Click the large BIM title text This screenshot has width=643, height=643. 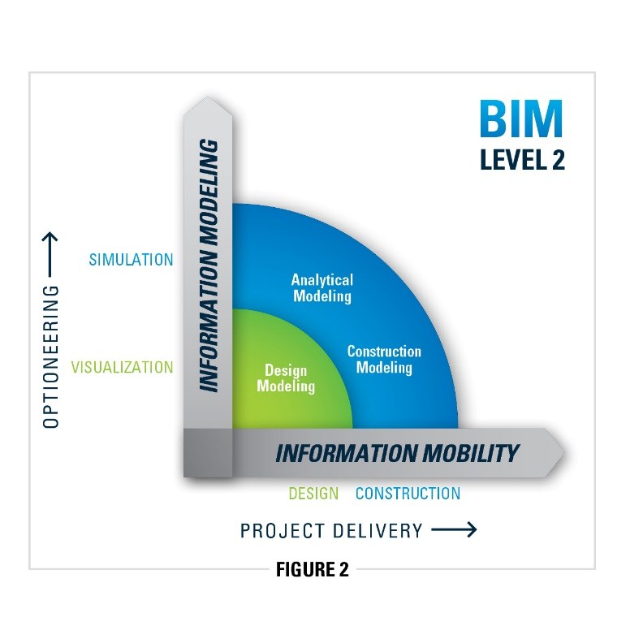tap(520, 119)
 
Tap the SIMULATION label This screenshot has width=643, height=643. tap(131, 260)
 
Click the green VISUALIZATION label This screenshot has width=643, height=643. tap(122, 367)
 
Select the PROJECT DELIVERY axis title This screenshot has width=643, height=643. tap(331, 531)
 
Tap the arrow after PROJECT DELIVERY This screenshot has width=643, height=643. tap(453, 530)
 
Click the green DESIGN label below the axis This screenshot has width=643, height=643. tap(313, 493)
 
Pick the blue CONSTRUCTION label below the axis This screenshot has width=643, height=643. tap(408, 493)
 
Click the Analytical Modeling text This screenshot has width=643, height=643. tap(322, 288)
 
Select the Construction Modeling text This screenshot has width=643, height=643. tap(384, 360)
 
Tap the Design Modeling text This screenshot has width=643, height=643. tap(286, 379)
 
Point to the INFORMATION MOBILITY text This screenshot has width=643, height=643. tap(397, 452)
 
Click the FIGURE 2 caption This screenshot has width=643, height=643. tap(313, 569)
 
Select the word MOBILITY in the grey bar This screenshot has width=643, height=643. tap(466, 452)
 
